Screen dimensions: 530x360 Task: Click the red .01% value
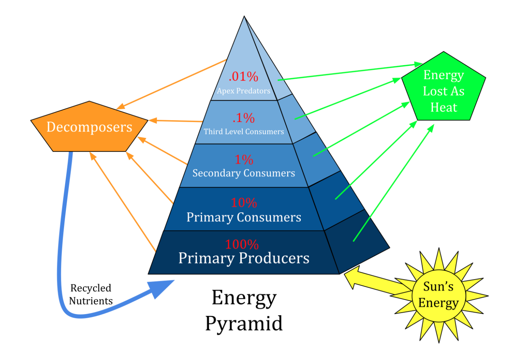(x=243, y=77)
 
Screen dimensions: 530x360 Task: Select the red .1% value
(x=244, y=118)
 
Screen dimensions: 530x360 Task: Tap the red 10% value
(x=244, y=203)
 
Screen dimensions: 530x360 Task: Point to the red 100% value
(x=242, y=244)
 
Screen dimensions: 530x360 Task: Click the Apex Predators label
(x=244, y=91)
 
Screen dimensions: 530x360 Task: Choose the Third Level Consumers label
(x=244, y=131)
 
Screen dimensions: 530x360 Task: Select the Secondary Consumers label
(x=244, y=173)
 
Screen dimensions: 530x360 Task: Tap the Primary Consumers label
(x=244, y=217)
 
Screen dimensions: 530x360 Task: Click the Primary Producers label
(x=244, y=258)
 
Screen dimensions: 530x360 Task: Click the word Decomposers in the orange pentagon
(x=89, y=127)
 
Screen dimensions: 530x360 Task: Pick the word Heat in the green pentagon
(x=444, y=107)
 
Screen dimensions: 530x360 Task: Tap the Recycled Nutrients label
(x=91, y=295)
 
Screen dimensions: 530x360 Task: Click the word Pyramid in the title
(x=244, y=324)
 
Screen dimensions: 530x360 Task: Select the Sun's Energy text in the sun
(x=439, y=295)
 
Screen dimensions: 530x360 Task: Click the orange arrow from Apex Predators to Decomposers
(x=171, y=84)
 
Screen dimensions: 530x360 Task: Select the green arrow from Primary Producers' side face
(x=393, y=183)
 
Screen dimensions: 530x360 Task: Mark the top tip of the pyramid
(x=244, y=16)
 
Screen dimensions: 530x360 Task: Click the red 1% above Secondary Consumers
(x=244, y=160)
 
